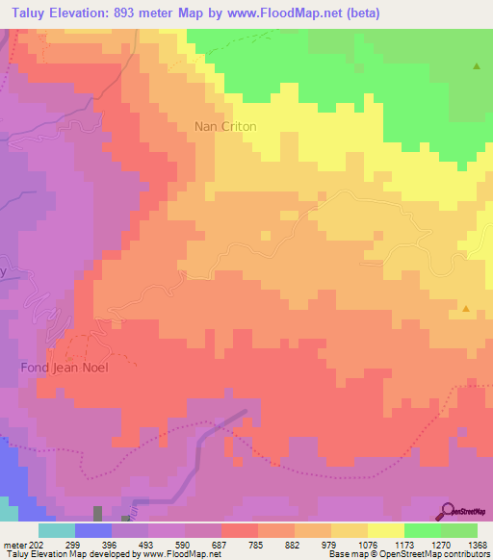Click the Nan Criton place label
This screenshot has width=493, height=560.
pyautogui.click(x=225, y=126)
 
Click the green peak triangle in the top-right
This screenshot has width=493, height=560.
pyautogui.click(x=477, y=66)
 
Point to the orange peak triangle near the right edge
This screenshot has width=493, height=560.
pyautogui.click(x=466, y=309)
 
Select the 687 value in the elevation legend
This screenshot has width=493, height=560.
pyautogui.click(x=221, y=544)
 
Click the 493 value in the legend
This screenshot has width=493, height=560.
pyautogui.click(x=147, y=544)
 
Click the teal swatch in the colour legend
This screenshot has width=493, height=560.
pyautogui.click(x=57, y=530)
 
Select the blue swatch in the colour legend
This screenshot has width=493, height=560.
pyautogui.click(x=93, y=530)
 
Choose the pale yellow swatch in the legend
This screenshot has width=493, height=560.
pyautogui.click(x=386, y=530)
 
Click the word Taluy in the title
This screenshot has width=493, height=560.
pyautogui.click(x=24, y=13)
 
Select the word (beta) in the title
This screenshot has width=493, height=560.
pyautogui.click(x=359, y=13)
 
